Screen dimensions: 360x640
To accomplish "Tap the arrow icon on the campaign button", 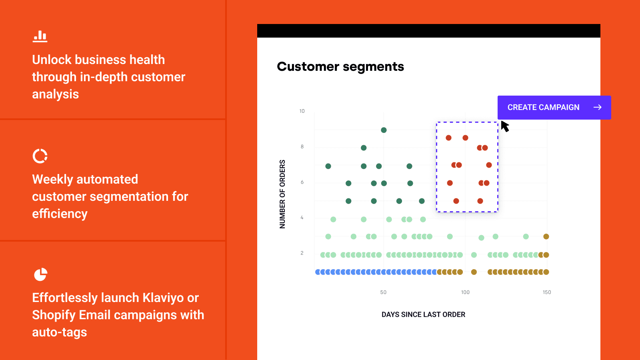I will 597,107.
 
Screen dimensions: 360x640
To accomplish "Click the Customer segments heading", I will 340,66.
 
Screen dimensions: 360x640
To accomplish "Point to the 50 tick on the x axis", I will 383,292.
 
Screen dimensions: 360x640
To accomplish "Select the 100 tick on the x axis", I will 465,292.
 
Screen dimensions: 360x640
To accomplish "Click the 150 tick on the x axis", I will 547,292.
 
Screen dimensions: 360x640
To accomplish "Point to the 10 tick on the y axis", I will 302,111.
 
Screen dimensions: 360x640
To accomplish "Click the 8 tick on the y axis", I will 302,147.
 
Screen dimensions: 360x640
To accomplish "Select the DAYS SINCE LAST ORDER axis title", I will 423,314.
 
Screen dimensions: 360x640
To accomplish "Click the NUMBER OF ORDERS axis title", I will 282,194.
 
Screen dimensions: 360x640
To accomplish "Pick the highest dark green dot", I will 384,130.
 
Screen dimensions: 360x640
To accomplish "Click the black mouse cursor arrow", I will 504,126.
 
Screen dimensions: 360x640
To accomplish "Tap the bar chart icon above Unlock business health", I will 40,36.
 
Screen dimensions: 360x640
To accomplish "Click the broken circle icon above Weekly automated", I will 40,156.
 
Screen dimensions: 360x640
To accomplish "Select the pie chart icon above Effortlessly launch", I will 40,274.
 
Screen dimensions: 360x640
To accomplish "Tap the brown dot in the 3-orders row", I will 546,236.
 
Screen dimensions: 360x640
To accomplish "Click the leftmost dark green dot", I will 328,166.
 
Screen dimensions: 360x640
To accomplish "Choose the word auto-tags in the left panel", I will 60,332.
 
